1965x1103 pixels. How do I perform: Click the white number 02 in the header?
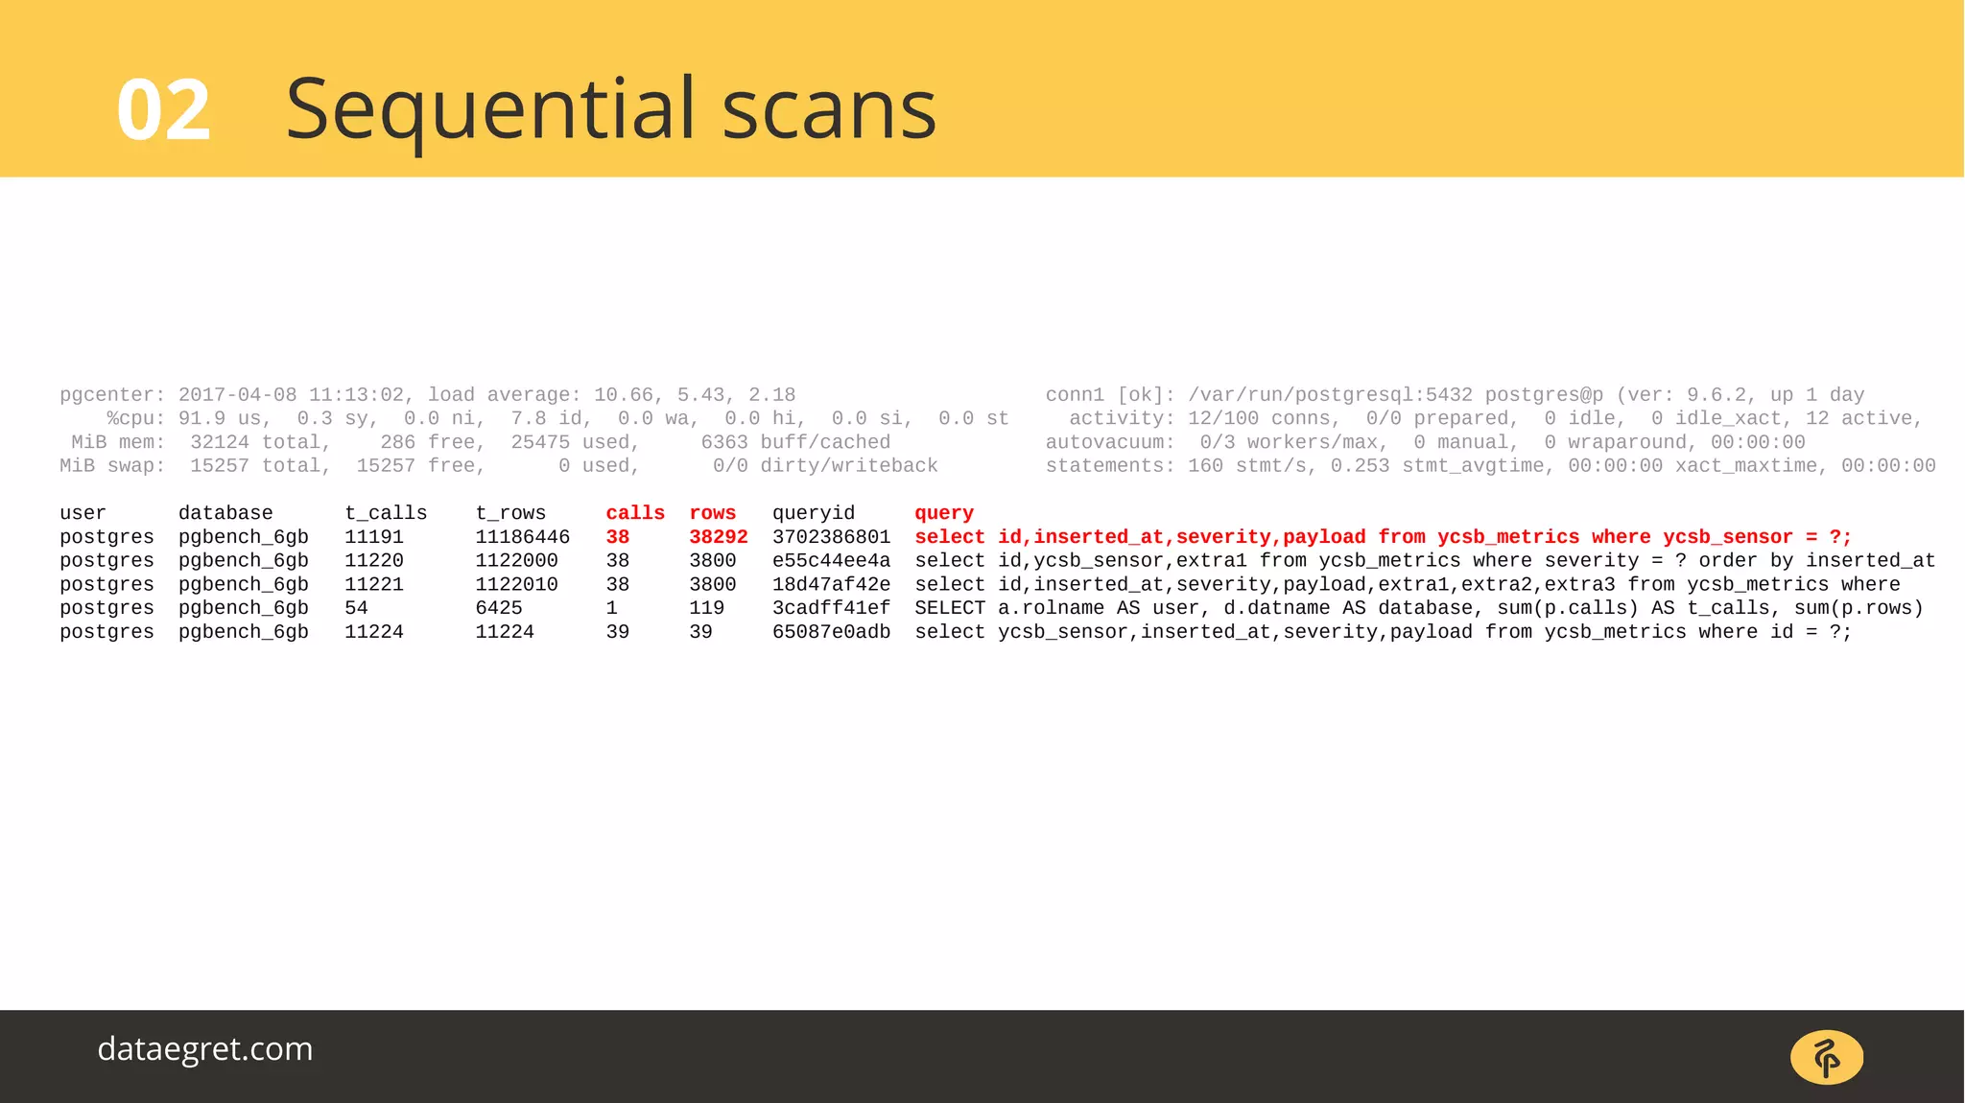163,111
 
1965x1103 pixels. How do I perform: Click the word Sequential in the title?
490,109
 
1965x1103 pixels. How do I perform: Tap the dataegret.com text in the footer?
205,1048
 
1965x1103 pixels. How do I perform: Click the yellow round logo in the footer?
1826,1057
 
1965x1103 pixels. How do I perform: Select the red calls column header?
635,513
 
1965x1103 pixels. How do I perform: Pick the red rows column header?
712,513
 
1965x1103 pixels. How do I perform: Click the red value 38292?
718,537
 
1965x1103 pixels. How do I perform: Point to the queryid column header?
813,513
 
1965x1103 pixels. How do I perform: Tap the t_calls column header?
386,513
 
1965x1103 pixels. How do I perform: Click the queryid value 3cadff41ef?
831,608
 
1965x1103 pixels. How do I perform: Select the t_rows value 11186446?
522,537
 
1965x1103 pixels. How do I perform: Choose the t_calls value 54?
356,608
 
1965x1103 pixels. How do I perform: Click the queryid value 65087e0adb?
831,632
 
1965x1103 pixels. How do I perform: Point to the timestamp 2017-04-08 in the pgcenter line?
237,395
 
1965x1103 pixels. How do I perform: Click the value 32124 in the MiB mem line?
219,442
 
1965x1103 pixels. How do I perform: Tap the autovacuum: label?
1109,442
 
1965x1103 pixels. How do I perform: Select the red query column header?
943,513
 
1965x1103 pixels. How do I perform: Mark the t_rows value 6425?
499,608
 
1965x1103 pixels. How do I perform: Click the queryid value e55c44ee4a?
831,561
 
